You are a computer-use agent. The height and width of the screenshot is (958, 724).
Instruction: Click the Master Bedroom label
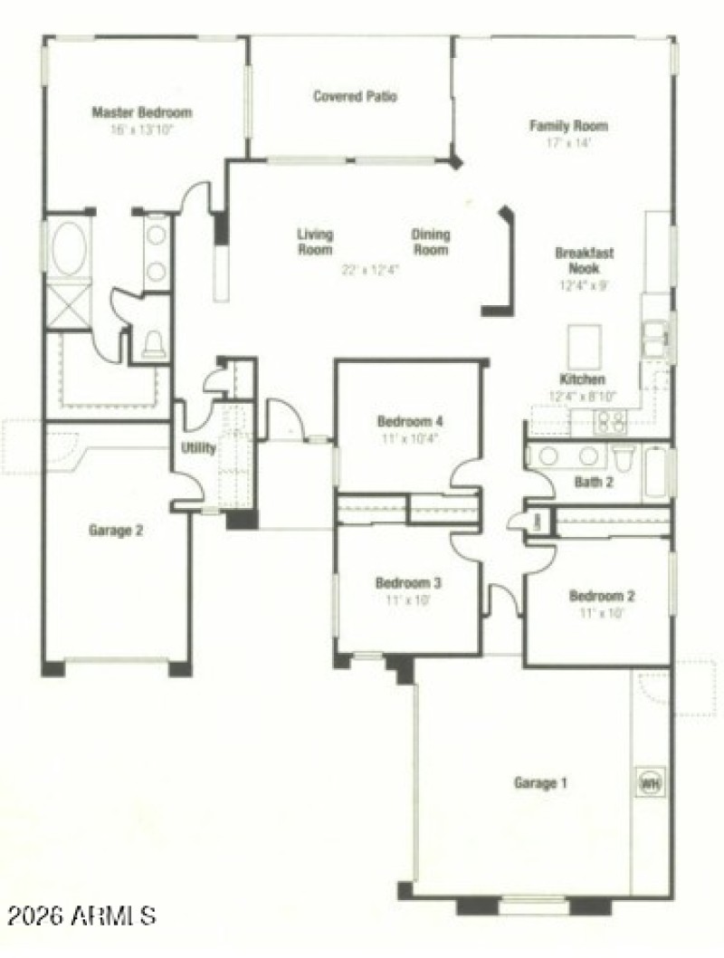point(142,113)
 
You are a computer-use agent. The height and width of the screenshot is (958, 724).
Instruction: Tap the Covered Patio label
point(355,96)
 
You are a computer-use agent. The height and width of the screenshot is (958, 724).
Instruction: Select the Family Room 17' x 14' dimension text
point(568,143)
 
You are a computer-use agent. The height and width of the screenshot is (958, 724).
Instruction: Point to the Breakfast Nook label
point(584,261)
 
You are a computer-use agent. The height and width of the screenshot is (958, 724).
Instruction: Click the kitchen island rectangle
point(584,344)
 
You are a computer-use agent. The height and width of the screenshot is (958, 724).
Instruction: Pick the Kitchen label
point(583,379)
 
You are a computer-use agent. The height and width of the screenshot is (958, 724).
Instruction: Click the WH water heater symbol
point(650,781)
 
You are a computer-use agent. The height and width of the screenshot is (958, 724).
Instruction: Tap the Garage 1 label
point(540,783)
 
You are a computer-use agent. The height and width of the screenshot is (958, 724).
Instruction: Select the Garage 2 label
point(115,531)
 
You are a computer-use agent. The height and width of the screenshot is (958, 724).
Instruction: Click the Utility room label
point(198,448)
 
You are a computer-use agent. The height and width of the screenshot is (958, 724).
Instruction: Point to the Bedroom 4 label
point(410,421)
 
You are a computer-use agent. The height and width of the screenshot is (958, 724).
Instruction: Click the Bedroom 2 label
point(601,596)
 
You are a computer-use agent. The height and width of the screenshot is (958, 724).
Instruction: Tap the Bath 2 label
point(594,483)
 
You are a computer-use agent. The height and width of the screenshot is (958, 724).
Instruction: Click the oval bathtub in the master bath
point(69,249)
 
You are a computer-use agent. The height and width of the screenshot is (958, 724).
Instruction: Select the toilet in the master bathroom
point(155,344)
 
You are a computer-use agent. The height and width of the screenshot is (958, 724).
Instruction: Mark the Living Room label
point(315,242)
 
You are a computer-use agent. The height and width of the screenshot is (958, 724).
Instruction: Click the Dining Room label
point(431,242)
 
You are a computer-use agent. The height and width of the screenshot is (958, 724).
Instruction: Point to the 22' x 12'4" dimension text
point(371,269)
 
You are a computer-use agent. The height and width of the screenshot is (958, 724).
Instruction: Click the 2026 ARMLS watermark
point(79,915)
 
